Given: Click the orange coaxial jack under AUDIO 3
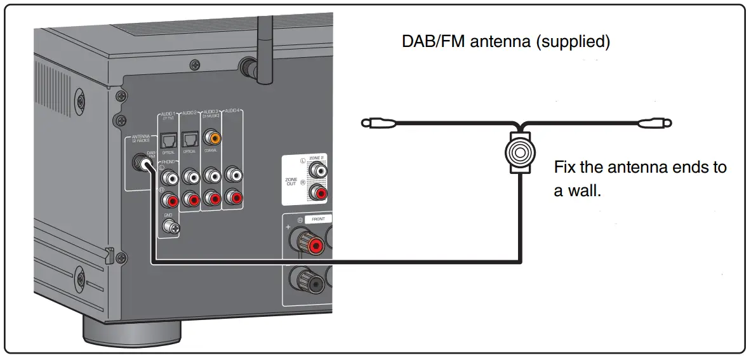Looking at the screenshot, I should (212, 137).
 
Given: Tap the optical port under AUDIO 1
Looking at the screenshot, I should (168, 138).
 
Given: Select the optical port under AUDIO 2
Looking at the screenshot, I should (190, 138).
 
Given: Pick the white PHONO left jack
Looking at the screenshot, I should (169, 176).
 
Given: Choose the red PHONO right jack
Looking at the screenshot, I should (169, 201).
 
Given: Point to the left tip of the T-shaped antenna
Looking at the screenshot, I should (366, 123).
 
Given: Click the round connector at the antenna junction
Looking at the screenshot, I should (521, 153).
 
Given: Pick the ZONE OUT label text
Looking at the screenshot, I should (291, 183).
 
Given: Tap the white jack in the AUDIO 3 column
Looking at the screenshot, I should (212, 175).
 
